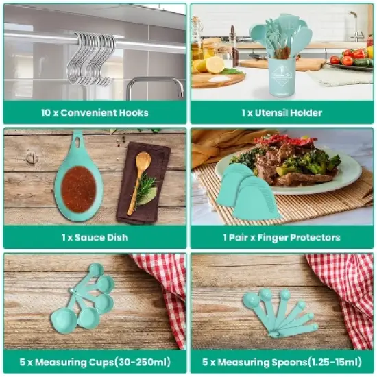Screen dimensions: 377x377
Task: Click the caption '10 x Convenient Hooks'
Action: click(95, 112)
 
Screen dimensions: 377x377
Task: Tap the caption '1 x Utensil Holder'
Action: click(282, 112)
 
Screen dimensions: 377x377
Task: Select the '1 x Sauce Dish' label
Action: click(95, 237)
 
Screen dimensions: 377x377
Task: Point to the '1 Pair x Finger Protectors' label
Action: click(282, 237)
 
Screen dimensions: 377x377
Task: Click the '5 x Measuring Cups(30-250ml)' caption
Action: click(95, 361)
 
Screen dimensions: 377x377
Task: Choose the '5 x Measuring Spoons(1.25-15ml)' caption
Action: click(282, 361)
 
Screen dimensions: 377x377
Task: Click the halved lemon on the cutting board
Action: click(215, 64)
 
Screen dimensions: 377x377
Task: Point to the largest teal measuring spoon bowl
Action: click(251, 300)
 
